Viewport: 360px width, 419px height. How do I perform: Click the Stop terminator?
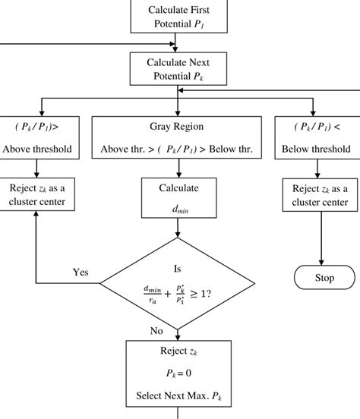click(324, 278)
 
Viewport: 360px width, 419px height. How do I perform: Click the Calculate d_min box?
click(178, 196)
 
